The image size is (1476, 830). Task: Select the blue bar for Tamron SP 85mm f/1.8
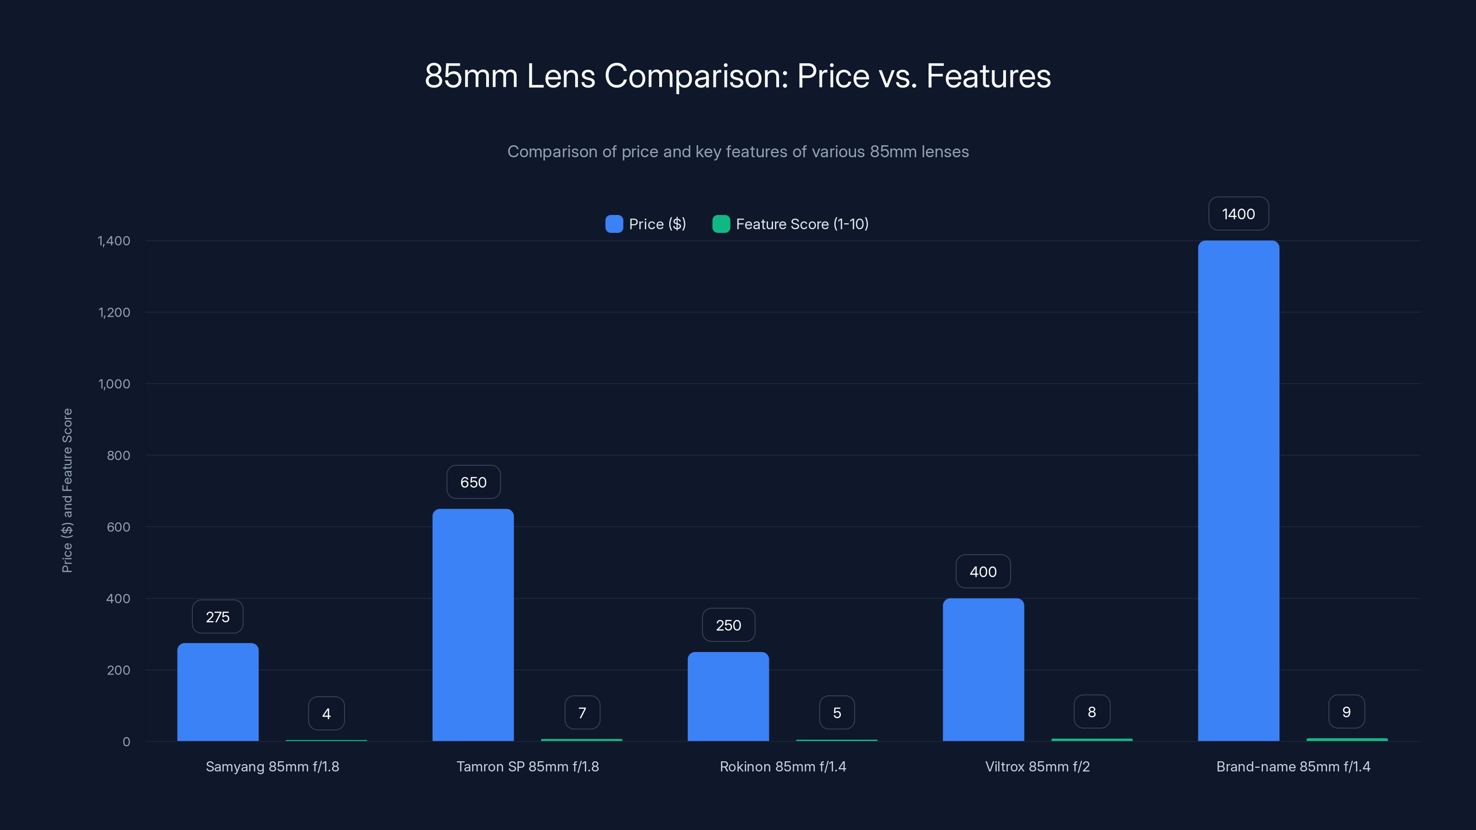473,624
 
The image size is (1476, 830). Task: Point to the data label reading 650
473,482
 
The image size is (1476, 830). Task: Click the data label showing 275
218,617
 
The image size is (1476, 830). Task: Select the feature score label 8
1091,712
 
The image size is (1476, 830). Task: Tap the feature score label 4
326,714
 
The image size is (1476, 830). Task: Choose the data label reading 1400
1238,214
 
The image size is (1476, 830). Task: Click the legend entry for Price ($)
646,224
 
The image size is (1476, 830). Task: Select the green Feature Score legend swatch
721,224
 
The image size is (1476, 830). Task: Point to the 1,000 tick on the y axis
114,384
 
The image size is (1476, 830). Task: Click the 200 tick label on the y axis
118,670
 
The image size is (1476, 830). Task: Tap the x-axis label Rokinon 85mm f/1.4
783,766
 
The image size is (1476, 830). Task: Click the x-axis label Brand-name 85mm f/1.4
1293,766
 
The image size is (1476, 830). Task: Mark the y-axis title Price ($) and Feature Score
67,490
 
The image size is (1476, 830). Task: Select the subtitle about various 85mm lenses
738,152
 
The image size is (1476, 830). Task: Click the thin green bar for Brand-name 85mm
1346,740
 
